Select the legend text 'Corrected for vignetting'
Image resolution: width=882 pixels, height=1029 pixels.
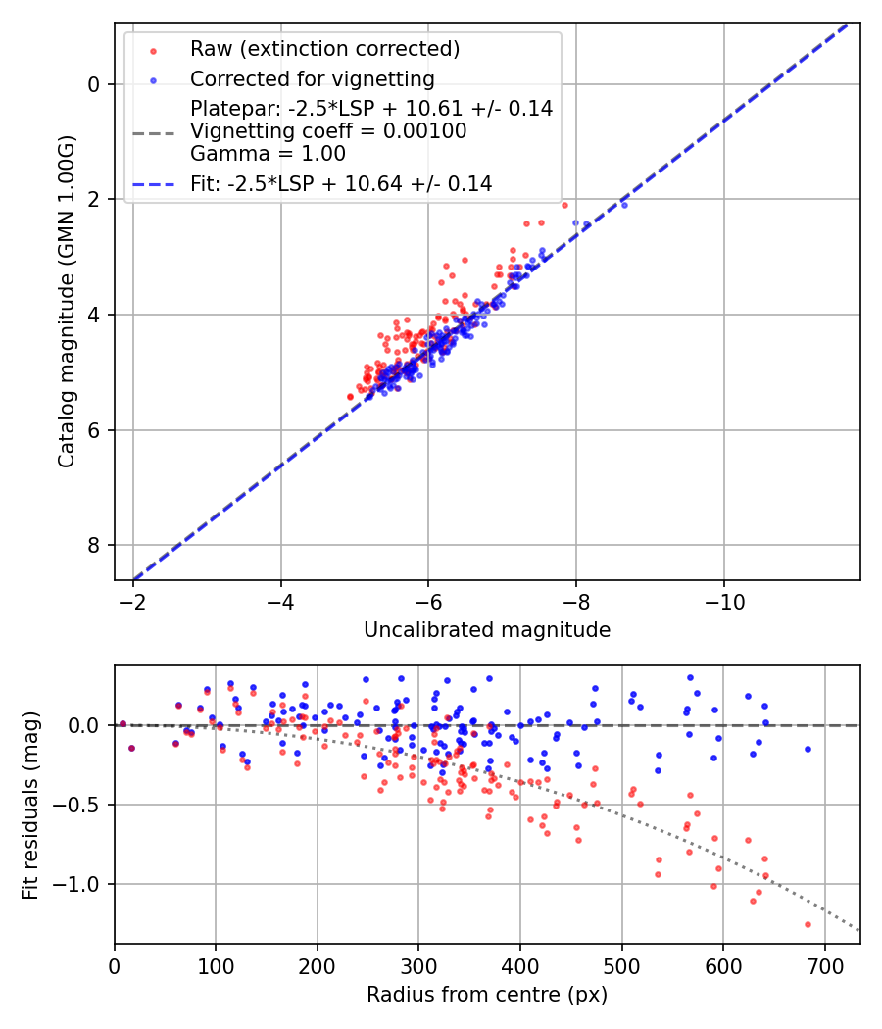coord(312,78)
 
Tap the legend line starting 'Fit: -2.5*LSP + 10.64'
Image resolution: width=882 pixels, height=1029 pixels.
coord(341,183)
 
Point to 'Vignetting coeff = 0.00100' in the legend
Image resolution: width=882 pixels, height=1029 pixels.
coord(328,131)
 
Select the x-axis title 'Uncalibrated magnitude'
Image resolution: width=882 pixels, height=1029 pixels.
coord(487,630)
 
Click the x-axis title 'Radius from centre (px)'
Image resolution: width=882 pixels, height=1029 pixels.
coord(487,995)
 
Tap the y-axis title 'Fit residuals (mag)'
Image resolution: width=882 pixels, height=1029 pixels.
coord(30,805)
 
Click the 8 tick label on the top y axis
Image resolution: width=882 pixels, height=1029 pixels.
coord(94,545)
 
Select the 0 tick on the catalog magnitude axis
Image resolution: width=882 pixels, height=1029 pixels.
coord(94,84)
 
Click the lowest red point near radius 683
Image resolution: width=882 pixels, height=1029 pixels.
coord(808,924)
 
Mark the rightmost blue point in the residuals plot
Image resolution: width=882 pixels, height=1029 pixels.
coord(808,749)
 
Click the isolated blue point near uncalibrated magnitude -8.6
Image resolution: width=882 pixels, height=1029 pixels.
coord(624,205)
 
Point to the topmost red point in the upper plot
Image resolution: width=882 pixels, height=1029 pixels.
coord(564,205)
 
